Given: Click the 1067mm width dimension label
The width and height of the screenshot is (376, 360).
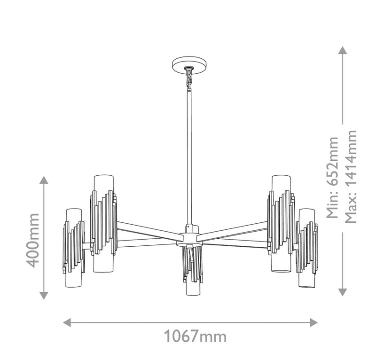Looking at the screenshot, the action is coord(195,336).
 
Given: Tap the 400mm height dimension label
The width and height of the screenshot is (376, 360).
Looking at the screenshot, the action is coord(32,240).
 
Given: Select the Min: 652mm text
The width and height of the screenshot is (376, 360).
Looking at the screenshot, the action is coord(332,178).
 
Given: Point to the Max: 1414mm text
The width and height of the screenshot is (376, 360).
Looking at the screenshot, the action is coord(351,177).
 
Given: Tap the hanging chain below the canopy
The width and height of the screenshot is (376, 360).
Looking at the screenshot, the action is coord(189,78).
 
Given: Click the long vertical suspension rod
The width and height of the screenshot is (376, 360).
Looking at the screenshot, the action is coord(189,157).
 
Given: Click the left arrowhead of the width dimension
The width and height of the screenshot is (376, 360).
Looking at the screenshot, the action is coord(67,322).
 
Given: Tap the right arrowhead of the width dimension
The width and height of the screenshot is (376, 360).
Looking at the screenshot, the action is coord(314,322).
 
